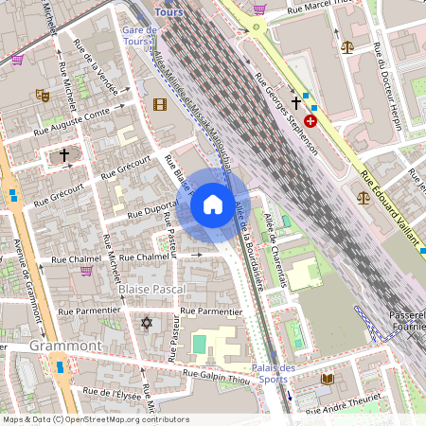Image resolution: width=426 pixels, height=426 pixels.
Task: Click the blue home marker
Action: pyautogui.click(x=212, y=204)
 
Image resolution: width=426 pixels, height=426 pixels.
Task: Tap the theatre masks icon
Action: pyautogui.click(x=42, y=95)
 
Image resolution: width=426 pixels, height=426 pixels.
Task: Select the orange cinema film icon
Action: pyautogui.click(x=159, y=104)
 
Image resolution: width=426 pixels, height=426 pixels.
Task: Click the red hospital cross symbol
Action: pyautogui.click(x=311, y=122)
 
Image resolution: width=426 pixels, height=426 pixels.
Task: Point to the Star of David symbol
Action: pyautogui.click(x=146, y=324)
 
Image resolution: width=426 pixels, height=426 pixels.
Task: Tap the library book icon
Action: pyautogui.click(x=328, y=379)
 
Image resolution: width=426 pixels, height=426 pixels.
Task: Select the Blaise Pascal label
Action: pyautogui.click(x=152, y=288)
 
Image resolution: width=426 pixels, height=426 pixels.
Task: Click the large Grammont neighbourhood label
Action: pyautogui.click(x=65, y=346)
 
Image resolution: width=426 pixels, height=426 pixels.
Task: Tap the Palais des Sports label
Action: pyautogui.click(x=275, y=374)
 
